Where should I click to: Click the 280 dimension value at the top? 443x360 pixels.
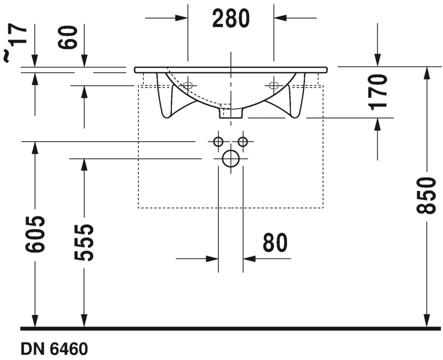[231, 19]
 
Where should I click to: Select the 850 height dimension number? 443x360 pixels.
[427, 196]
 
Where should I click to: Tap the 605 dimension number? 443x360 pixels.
[35, 234]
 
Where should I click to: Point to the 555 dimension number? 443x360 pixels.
[83, 242]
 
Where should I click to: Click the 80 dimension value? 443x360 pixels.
[275, 243]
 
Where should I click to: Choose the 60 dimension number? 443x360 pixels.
[71, 37]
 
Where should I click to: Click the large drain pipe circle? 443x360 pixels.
[230, 159]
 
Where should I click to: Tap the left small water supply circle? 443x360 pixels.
[218, 141]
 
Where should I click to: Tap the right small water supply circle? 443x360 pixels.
[242, 141]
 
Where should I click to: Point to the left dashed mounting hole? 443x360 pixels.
[188, 85]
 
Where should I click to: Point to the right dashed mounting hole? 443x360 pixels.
[273, 85]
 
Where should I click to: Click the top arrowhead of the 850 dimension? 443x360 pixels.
[427, 72]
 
